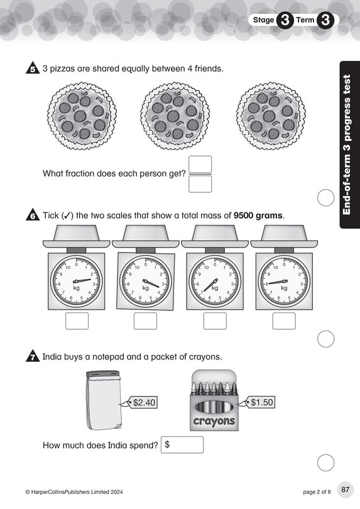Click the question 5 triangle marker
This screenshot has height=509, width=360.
33,68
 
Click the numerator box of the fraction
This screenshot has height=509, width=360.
200,164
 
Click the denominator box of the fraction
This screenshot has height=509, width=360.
200,184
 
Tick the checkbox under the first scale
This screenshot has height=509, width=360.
77,321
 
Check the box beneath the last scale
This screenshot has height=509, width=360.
284,321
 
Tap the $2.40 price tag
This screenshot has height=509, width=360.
141,403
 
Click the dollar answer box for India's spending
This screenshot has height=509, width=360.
182,445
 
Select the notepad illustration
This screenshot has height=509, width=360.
104,400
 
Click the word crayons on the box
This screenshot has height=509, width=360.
214,422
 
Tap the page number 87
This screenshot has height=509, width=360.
346,489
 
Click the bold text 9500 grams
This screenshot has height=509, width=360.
258,216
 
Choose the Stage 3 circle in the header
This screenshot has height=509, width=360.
285,20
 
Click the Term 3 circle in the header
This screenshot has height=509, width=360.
325,20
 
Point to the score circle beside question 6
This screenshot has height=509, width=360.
325,339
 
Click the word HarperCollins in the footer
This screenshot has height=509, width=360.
47,492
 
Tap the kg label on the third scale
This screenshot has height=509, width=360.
215,288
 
